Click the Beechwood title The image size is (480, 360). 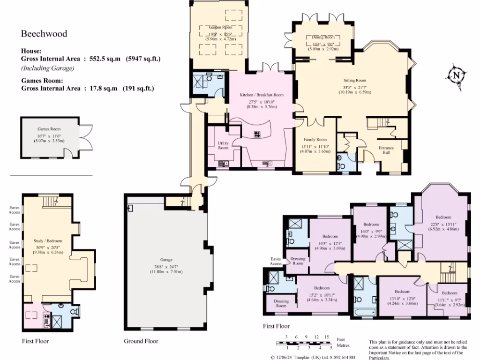tap(44, 34)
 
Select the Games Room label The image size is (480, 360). tap(49, 129)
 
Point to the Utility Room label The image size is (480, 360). tap(223, 145)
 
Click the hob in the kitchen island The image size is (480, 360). tap(257, 134)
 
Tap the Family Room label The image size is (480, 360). tap(315, 140)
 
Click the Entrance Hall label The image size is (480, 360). tap(386, 150)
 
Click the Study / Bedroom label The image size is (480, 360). tap(48, 241)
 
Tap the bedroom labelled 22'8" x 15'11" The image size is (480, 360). tap(443, 225)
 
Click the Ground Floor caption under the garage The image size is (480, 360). tap(141, 341)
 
